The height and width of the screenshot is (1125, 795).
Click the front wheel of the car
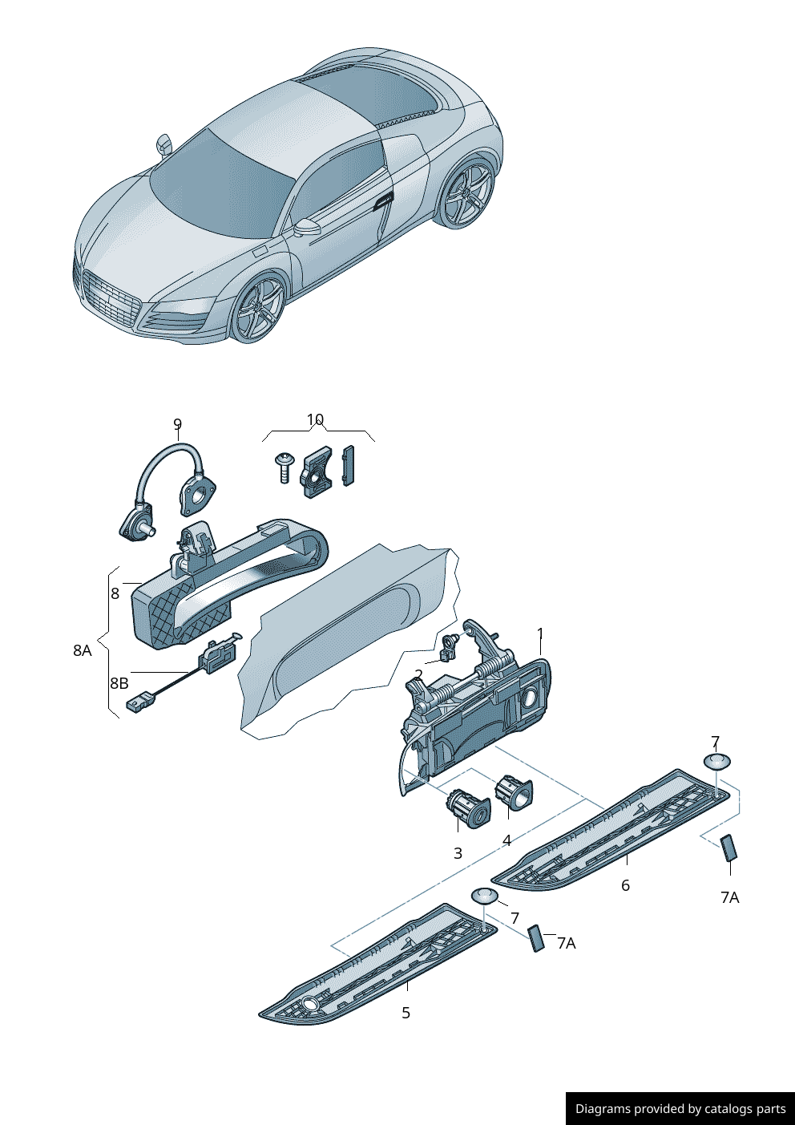click(x=258, y=310)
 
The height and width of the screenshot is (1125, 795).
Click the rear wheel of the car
click(x=468, y=196)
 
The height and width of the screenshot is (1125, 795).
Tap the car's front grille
click(x=111, y=301)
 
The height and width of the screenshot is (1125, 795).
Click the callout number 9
click(x=177, y=424)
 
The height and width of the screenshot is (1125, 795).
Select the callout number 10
click(x=315, y=419)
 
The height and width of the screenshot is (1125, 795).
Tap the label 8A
click(x=82, y=650)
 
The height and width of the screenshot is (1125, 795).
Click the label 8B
click(x=119, y=683)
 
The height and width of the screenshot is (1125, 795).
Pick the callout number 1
click(x=540, y=633)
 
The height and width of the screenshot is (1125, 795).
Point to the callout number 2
click(x=418, y=674)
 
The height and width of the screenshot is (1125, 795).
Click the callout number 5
click(x=406, y=1013)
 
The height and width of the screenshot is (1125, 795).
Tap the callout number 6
click(x=625, y=885)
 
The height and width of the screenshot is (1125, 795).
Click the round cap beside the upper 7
click(x=716, y=761)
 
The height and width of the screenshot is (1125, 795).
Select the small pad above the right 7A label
click(x=728, y=848)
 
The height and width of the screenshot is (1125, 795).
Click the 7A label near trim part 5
click(x=567, y=943)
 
